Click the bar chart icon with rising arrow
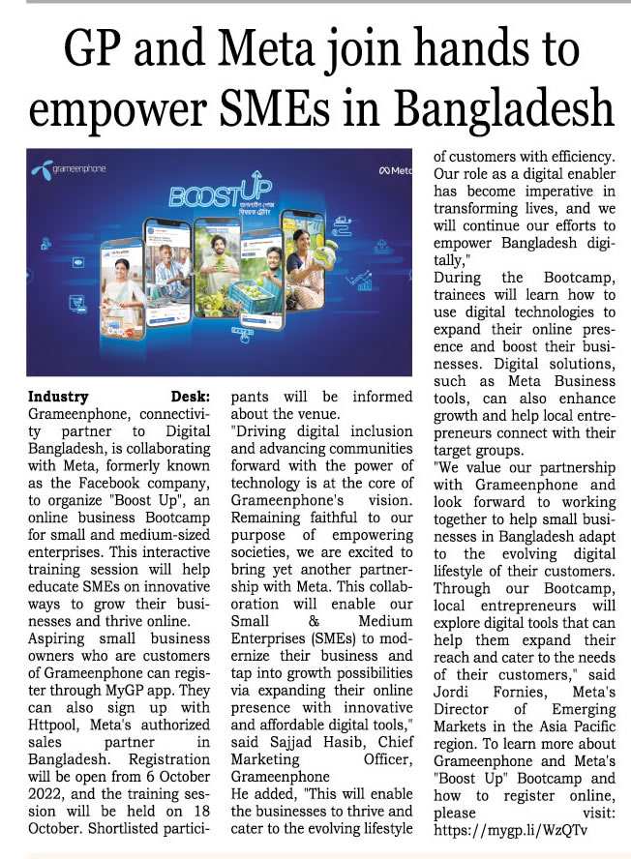point(365,281)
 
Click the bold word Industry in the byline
point(58,396)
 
